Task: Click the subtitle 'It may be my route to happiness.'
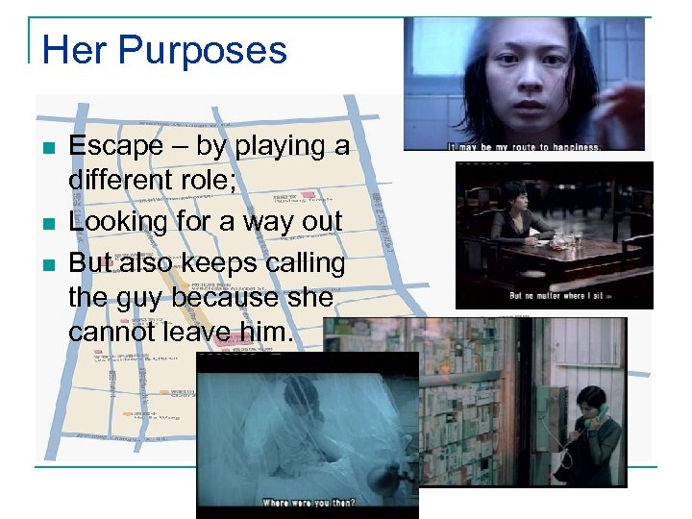[x=524, y=147]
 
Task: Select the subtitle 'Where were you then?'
[x=308, y=501]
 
